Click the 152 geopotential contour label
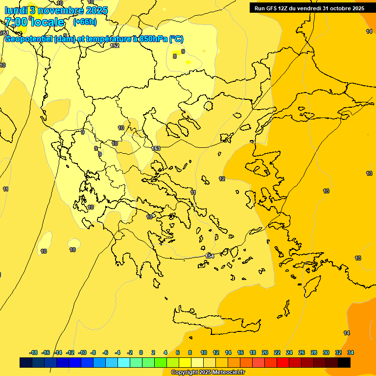pos(115,46)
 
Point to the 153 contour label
pos(156,148)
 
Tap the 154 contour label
pos(210,256)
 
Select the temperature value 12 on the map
pos(222,179)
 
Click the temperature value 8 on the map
pos(174,56)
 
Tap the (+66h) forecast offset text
pos(84,22)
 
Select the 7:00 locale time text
pos(34,22)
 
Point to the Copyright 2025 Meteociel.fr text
pos(208,373)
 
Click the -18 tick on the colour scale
pos(33,352)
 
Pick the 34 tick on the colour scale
pos(350,352)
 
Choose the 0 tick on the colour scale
pos(141,352)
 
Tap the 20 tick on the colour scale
pos(265,352)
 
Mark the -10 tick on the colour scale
pos(82,352)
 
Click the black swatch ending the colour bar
pos(344,362)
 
